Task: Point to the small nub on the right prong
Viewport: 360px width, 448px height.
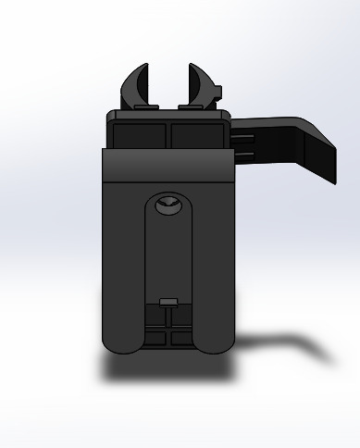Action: [220, 90]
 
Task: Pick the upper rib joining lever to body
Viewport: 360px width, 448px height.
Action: [242, 138]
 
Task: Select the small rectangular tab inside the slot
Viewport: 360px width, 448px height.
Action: [168, 302]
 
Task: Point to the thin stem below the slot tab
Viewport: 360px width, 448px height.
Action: [168, 319]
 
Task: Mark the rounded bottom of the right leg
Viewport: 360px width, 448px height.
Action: [215, 344]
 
